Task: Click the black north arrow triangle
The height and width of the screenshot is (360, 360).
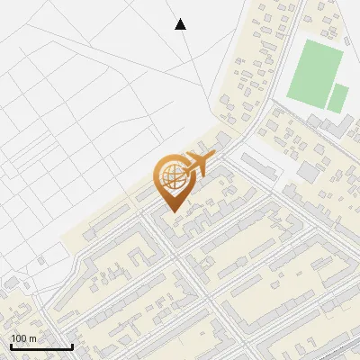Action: pos(181,24)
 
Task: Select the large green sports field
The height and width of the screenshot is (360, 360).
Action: pos(315,70)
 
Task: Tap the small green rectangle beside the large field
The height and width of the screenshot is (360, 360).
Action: pos(338,97)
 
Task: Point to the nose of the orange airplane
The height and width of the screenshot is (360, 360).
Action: pos(212,157)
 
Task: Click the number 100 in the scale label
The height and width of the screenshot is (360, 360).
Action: pos(19,338)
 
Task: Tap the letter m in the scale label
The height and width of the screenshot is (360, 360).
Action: pos(32,339)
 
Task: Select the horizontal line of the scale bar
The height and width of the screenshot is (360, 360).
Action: pos(40,347)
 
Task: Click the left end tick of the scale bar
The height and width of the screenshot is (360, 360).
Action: pos(10,346)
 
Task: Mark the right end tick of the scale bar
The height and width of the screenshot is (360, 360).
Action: pos(72,346)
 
